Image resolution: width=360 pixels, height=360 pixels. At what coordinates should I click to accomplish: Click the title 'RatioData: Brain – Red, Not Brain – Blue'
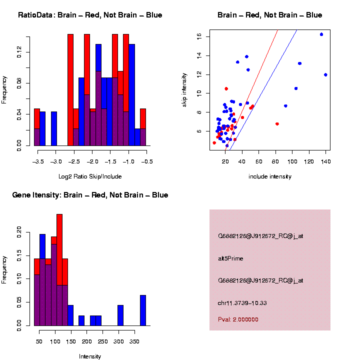click(x=90, y=15)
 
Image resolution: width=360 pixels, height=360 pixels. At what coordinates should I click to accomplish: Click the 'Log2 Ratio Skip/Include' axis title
click(x=90, y=176)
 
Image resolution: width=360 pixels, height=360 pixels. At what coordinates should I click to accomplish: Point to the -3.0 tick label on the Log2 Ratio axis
click(x=56, y=161)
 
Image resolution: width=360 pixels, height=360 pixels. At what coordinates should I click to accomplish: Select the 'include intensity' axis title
click(x=270, y=176)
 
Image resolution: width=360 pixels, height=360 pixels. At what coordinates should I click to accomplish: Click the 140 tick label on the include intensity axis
click(x=325, y=161)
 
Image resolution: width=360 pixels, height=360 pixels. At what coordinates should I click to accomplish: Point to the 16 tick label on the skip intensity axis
click(x=199, y=36)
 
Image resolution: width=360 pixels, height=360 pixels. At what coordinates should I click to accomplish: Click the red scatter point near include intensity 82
click(x=277, y=124)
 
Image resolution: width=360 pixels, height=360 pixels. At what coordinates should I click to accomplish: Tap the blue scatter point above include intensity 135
click(x=321, y=34)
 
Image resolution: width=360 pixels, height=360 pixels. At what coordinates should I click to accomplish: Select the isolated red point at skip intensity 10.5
click(x=226, y=88)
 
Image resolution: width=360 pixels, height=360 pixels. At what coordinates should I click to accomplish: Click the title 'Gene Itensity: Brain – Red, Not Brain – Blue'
click(x=90, y=195)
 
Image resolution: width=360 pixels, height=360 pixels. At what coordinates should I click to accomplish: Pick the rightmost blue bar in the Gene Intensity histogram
click(x=143, y=310)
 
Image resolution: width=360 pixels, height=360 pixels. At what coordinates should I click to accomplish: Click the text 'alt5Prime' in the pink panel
click(x=230, y=258)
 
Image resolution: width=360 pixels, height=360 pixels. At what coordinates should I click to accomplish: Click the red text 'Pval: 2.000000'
click(x=238, y=319)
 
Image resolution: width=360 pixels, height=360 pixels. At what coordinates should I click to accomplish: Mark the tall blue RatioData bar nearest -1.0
click(x=132, y=95)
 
